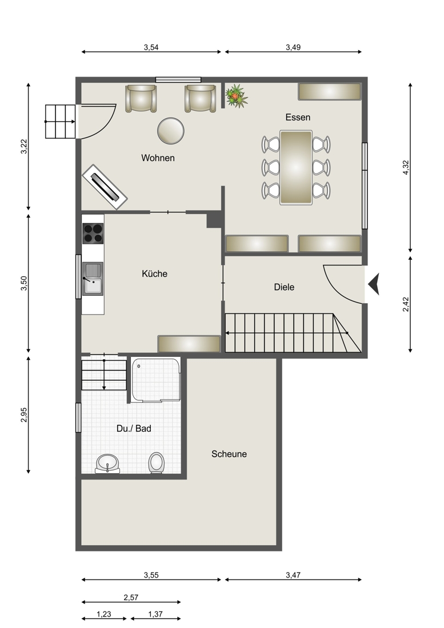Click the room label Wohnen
pos(158,158)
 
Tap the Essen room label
pos(298,118)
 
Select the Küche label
pos(155,273)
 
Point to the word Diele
pos(284,287)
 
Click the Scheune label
pos(229,454)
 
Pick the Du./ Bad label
pos(134,429)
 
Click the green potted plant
pos(236,96)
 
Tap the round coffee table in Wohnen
pos(171,131)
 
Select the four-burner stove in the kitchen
pos(93,233)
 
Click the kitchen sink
pos(93,279)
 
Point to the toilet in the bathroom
pos(156,463)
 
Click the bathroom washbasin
pos(107,464)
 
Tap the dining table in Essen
pos(296,167)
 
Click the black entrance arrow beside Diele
pos(374,284)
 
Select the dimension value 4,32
pos(406,167)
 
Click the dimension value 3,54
pos(151,47)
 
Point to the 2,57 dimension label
pos(131,598)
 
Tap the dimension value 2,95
pos(24,415)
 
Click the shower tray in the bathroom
pos(155,380)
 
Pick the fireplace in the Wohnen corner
pos(105,187)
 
